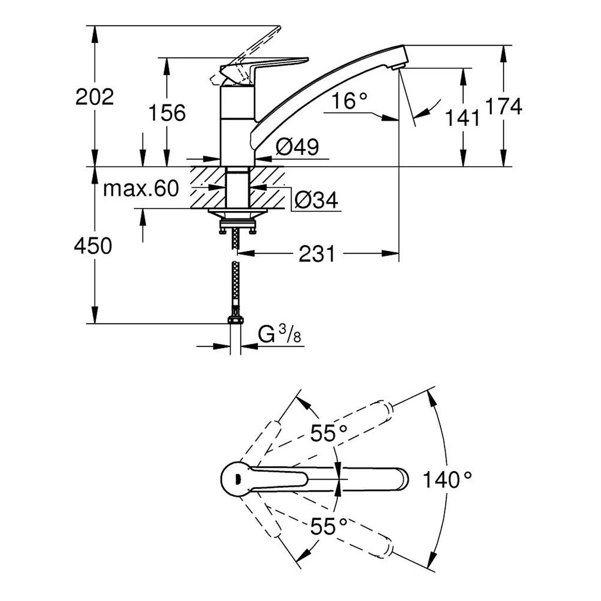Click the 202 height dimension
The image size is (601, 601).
pyautogui.click(x=95, y=97)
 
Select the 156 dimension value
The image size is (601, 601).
pyautogui.click(x=167, y=113)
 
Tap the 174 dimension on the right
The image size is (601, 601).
pyautogui.click(x=504, y=107)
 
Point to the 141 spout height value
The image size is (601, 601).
pyautogui.click(x=462, y=118)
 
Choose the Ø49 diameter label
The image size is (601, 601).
pyautogui.click(x=297, y=147)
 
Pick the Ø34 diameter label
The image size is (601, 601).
pyautogui.click(x=316, y=200)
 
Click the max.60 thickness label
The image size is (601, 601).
pyautogui.click(x=141, y=188)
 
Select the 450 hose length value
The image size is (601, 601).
pyautogui.click(x=93, y=246)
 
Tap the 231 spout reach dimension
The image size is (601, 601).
pyautogui.click(x=317, y=254)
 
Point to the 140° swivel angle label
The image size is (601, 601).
pyautogui.click(x=447, y=479)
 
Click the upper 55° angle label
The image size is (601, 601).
pyautogui.click(x=329, y=433)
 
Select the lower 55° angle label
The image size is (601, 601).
pyautogui.click(x=329, y=526)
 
